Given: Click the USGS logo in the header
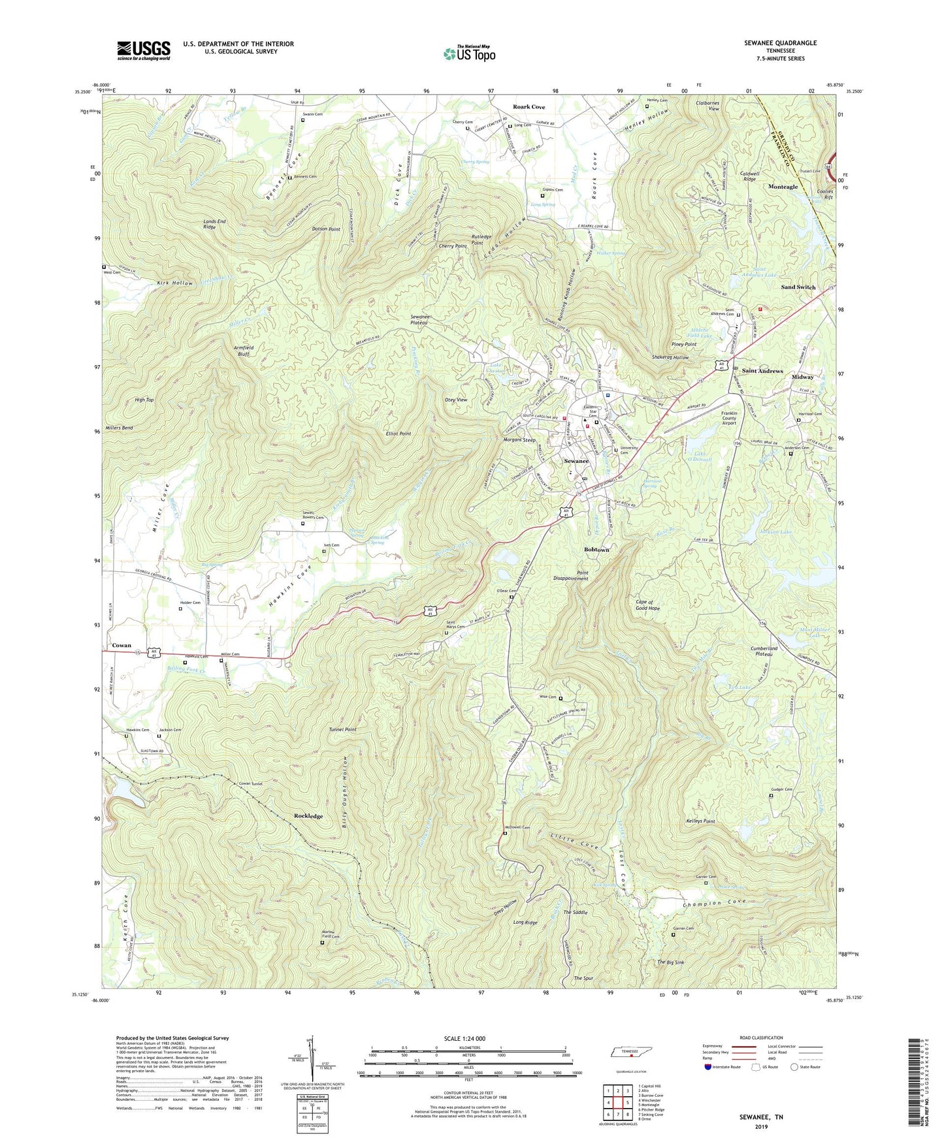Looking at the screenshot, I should [144, 50].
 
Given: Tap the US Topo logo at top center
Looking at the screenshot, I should [469, 54].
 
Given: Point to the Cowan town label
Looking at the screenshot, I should [122, 646].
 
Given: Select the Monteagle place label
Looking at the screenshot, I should [783, 187].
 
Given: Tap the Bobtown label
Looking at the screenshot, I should [596, 550].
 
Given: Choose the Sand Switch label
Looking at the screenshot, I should [798, 287].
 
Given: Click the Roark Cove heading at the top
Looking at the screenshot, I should [529, 106].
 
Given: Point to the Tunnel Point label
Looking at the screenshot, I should [342, 729].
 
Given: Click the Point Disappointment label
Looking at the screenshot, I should [571, 575].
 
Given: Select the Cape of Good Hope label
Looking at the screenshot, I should [647, 605].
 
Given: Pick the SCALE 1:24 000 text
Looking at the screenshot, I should [464, 1039].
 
